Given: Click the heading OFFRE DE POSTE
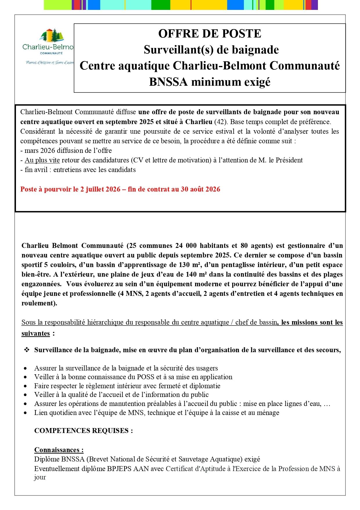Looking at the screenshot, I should pos(210,34).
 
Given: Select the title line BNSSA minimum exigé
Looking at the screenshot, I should pos(210,82).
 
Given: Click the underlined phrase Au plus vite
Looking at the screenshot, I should pos(42,160).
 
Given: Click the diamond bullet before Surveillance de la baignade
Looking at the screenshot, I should pos(27,350).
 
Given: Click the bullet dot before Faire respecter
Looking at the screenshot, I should pos(26,386).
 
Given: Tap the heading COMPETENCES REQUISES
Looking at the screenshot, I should pos(83,431).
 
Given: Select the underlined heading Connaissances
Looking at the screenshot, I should pos(59,450).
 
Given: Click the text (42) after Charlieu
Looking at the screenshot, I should pos(221,121).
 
